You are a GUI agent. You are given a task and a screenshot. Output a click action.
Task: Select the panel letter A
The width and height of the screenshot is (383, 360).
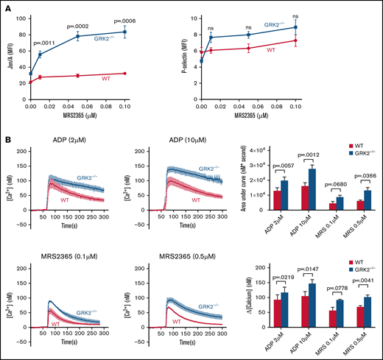point(7,7)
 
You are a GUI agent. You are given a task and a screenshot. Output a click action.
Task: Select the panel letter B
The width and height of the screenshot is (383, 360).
point(7,138)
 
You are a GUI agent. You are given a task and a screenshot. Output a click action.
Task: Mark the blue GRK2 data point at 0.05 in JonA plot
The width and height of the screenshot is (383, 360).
point(77,36)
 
